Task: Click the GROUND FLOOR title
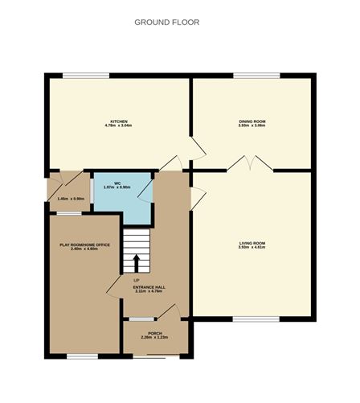[167, 23]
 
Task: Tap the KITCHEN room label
[117, 121]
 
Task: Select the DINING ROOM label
[252, 121]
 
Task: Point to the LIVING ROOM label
[252, 243]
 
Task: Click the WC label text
[117, 183]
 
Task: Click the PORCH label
[155, 332]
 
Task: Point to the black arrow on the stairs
[136, 261]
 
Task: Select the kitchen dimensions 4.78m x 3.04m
[117, 125]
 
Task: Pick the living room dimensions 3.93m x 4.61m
[252, 248]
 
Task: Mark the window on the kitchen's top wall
[86, 76]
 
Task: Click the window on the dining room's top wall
[257, 76]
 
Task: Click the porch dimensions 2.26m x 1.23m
[155, 337]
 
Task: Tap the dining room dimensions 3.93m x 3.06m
[252, 125]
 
